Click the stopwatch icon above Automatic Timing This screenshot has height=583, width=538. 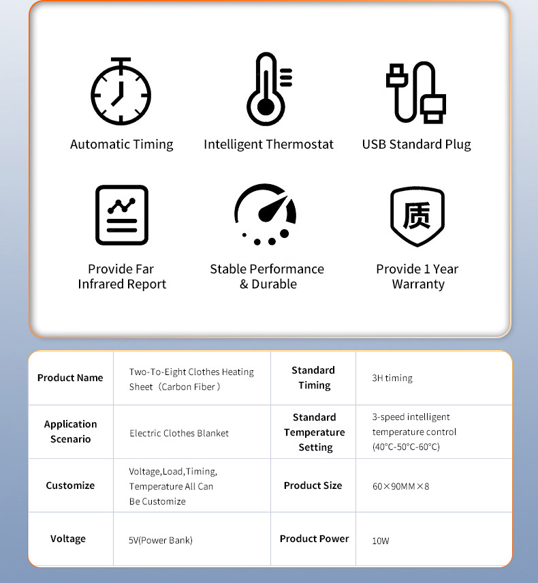coord(121,91)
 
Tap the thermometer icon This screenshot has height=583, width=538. coord(268,89)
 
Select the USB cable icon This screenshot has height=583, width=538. coord(416,92)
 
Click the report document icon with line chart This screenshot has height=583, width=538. coord(122,215)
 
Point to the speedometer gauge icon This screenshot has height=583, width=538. coord(266,213)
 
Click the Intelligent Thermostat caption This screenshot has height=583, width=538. coord(269,145)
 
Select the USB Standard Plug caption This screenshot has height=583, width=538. coord(416,145)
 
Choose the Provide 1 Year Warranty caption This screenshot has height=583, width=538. coord(417,277)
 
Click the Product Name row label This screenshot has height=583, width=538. coord(70,378)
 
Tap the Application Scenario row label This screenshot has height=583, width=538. coord(71,432)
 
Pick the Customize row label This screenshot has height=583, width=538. coord(70,485)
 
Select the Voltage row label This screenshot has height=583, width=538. coord(68,539)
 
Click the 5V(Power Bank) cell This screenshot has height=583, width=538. coord(161,541)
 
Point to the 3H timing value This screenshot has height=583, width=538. coord(392,378)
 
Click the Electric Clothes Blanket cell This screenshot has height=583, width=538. coord(179,433)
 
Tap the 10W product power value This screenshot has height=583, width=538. coord(381,541)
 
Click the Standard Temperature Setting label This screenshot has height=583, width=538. coord(314,432)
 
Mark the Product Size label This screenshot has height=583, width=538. coord(313,485)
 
